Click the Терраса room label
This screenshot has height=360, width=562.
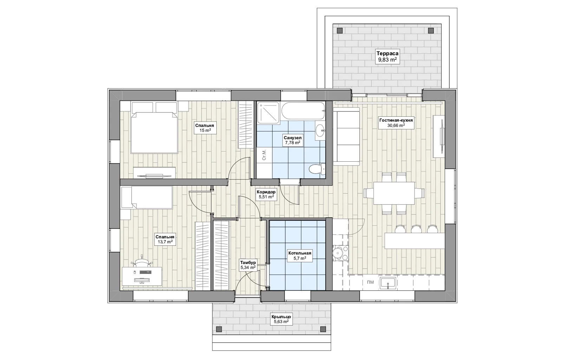tap(387, 53)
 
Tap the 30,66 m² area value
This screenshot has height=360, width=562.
tap(396, 125)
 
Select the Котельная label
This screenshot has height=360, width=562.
tap(300, 253)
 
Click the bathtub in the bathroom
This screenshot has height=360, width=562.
tap(303, 111)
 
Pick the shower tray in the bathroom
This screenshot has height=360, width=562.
tap(268, 113)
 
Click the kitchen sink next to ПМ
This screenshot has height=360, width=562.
tap(388, 283)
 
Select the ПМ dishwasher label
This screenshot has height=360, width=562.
tap(370, 282)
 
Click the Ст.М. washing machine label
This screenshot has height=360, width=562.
tap(264, 155)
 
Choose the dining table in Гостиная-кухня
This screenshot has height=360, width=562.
tap(394, 193)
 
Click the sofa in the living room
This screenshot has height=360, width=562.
tap(346, 136)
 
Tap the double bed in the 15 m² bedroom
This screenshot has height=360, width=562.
tap(154, 133)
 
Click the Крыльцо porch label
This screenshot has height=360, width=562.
tap(281, 317)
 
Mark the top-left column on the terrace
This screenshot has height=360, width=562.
tap(340, 31)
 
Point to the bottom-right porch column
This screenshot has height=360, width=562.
tap(323, 329)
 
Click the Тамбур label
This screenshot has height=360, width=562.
tap(248, 263)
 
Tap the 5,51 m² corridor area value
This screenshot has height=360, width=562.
tap(266, 197)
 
